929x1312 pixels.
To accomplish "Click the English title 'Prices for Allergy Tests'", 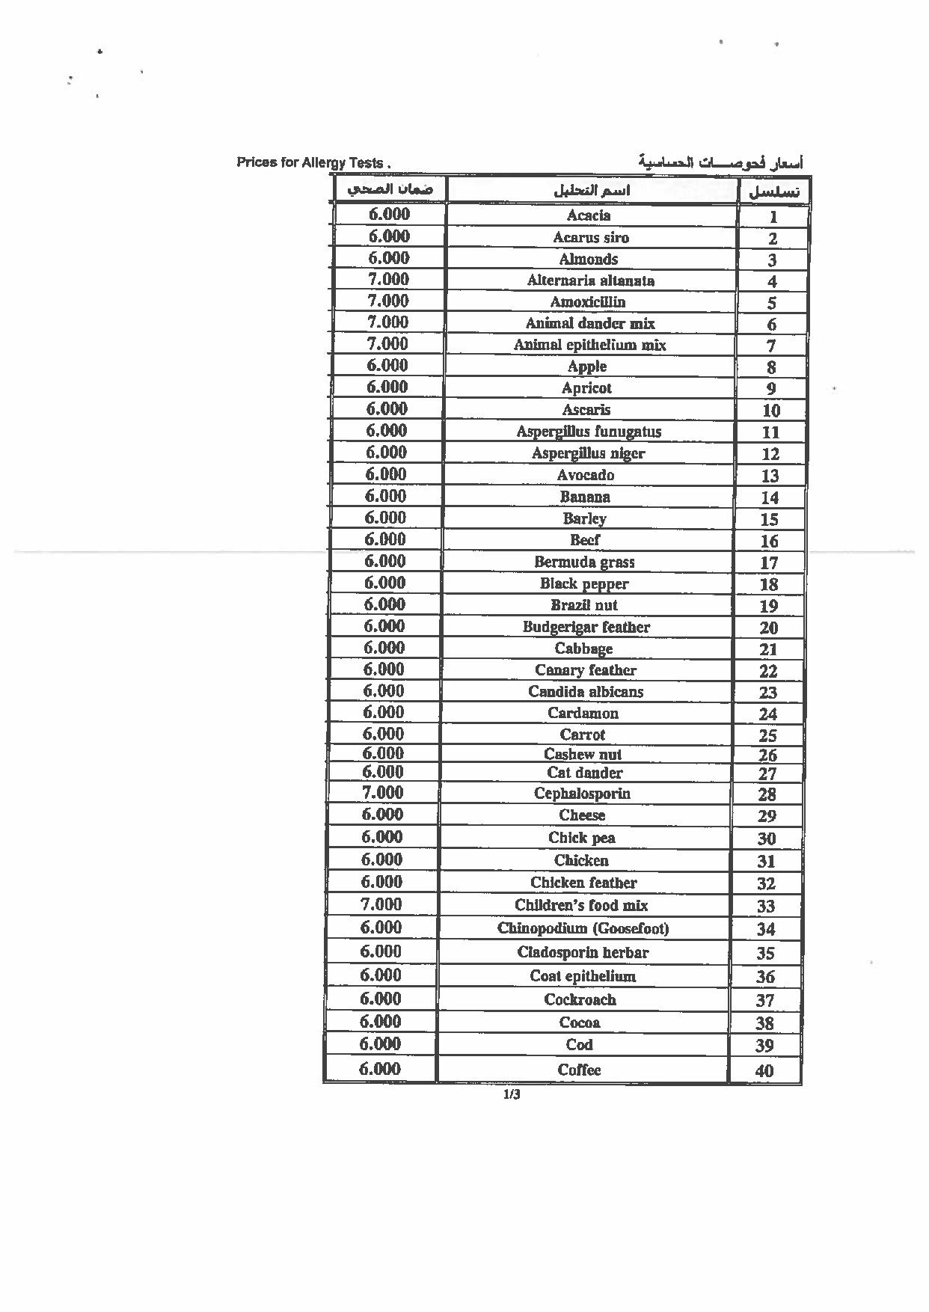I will [x=313, y=162].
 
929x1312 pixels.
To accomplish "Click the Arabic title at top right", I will [x=720, y=162].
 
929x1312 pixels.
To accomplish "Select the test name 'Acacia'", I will [x=589, y=215].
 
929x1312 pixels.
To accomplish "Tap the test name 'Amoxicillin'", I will [x=588, y=302].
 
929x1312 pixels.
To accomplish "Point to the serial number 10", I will [x=770, y=411].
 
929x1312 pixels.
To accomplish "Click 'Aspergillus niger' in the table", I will [x=588, y=453].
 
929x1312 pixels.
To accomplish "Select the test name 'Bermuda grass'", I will [x=584, y=562].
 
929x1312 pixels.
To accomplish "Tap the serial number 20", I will [x=768, y=628].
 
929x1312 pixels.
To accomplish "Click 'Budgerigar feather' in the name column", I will [x=586, y=627].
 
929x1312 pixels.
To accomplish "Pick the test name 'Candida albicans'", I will [x=586, y=692].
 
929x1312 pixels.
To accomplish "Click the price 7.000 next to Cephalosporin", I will [x=382, y=793].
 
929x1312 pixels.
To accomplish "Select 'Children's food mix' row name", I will [x=581, y=905].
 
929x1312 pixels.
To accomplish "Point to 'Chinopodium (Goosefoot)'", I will [x=583, y=929].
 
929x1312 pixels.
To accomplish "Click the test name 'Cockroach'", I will [x=580, y=1000].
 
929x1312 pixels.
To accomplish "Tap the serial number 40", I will [x=764, y=1071].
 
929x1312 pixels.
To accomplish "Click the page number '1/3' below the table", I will [x=512, y=1096].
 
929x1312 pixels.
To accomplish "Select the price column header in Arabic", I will [x=390, y=190].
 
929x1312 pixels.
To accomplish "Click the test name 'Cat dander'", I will [x=584, y=773].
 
